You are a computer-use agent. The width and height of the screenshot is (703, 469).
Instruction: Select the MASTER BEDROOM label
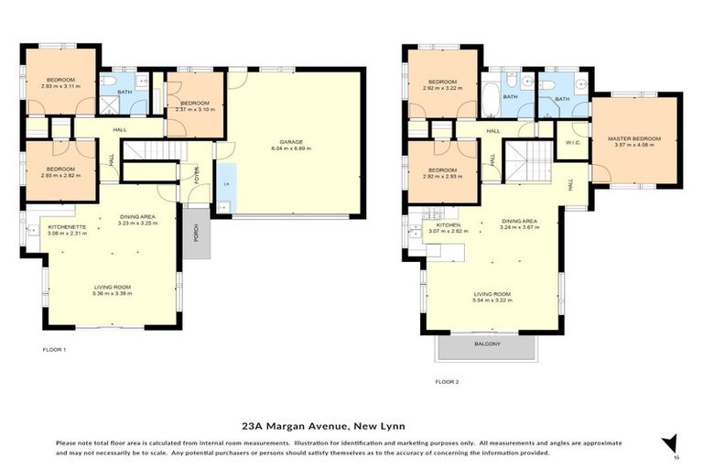pyautogui.click(x=633, y=138)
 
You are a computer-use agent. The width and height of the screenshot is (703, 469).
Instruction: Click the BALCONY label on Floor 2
pyautogui.click(x=487, y=344)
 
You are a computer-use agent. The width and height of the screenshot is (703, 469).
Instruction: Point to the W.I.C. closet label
pyautogui.click(x=574, y=142)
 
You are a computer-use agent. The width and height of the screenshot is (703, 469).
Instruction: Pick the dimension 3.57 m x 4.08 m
pyautogui.click(x=633, y=145)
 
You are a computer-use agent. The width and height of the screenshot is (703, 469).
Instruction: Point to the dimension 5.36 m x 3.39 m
pyautogui.click(x=112, y=293)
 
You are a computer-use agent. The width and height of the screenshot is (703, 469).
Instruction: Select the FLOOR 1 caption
pyautogui.click(x=55, y=350)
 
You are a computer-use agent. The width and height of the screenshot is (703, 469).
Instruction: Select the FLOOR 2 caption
pyautogui.click(x=447, y=380)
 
